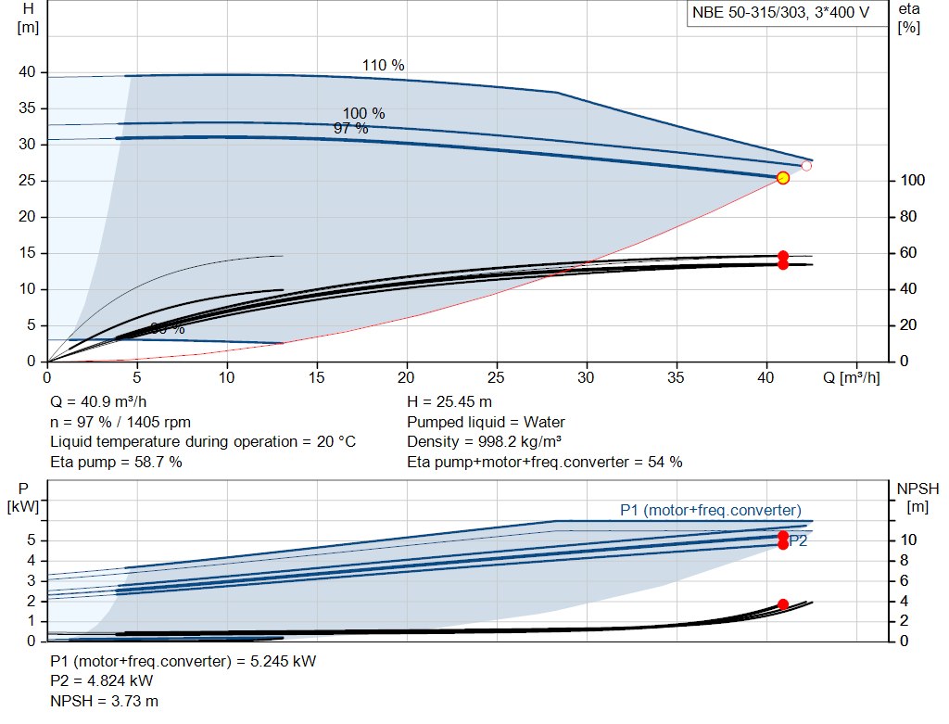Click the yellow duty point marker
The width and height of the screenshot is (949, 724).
tap(782, 178)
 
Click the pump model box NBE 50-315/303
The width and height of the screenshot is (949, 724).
tap(781, 13)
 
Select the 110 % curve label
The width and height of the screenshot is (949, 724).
tap(383, 65)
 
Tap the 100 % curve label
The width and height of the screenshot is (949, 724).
tap(363, 113)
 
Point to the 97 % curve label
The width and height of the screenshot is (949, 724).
tap(350, 128)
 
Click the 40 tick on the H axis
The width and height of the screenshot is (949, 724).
tap(27, 72)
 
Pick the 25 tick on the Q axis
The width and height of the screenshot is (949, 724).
tap(498, 378)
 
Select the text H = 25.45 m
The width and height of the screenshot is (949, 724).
tap(449, 402)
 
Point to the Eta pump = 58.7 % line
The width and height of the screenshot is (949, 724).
tap(116, 462)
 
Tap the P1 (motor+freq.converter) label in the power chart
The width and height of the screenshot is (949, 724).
tap(710, 510)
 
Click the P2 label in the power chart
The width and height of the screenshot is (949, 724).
tap(798, 541)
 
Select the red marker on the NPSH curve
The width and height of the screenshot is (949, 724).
tap(782, 604)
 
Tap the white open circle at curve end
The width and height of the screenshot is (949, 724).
tap(806, 166)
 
